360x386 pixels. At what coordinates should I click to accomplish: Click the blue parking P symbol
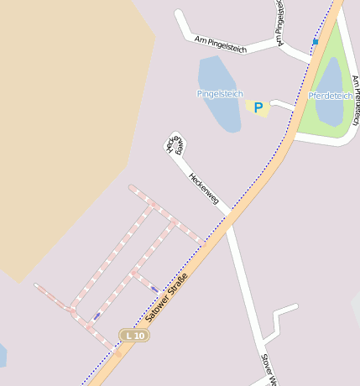[258, 107]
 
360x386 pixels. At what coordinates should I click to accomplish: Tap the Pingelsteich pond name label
[219, 93]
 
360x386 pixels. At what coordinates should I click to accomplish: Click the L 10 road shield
[133, 336]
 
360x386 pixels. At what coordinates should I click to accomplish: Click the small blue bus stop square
[316, 41]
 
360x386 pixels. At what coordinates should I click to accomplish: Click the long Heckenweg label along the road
[204, 189]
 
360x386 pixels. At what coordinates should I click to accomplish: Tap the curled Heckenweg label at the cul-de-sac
[175, 144]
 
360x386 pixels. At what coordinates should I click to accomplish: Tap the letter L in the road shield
[128, 336]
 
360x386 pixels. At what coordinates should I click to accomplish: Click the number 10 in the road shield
[138, 336]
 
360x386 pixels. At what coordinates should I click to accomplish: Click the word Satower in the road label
[156, 310]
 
